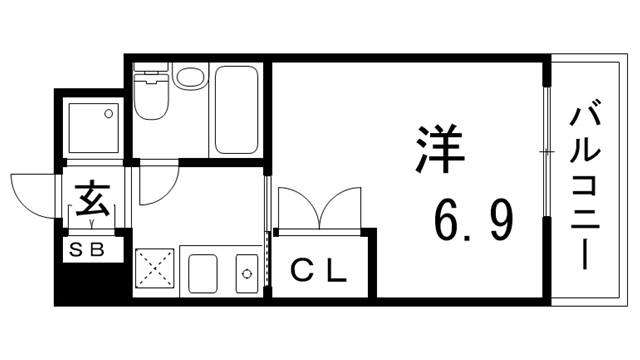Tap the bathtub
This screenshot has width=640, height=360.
(x=237, y=110)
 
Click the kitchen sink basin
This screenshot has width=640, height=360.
(x=204, y=273)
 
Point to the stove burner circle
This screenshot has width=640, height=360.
(x=245, y=273)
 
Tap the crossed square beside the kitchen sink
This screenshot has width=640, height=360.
(x=154, y=270)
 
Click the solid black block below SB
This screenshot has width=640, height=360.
(x=92, y=283)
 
